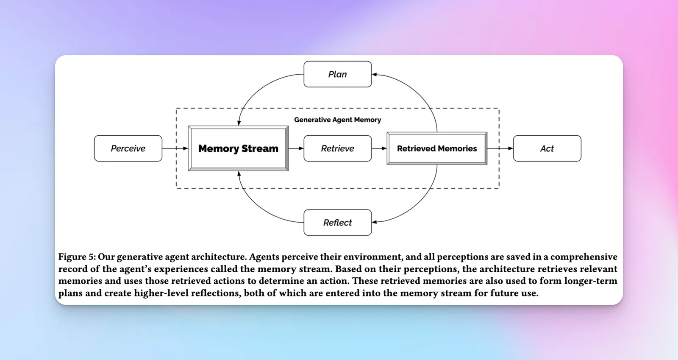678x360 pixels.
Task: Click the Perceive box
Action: [128, 148]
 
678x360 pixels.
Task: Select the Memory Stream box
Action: [238, 148]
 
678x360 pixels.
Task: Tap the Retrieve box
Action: [337, 148]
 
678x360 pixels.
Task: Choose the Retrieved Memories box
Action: [437, 148]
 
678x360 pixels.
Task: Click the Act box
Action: [547, 148]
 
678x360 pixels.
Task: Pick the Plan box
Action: [337, 74]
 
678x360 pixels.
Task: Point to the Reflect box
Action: [337, 223]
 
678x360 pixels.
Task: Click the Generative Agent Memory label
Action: [337, 120]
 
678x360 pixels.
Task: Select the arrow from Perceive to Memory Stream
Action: [175, 148]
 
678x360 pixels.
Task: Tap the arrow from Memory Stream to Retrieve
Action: [296, 148]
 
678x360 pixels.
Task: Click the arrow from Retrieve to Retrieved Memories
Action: [379, 148]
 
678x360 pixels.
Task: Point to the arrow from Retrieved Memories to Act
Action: [500, 148]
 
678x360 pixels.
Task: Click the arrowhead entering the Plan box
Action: [375, 75]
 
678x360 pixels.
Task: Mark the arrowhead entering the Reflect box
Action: [375, 222]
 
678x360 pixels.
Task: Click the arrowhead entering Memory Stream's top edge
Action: [239, 123]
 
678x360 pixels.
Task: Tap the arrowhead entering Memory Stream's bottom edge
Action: [239, 174]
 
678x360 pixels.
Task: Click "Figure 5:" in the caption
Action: [77, 257]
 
